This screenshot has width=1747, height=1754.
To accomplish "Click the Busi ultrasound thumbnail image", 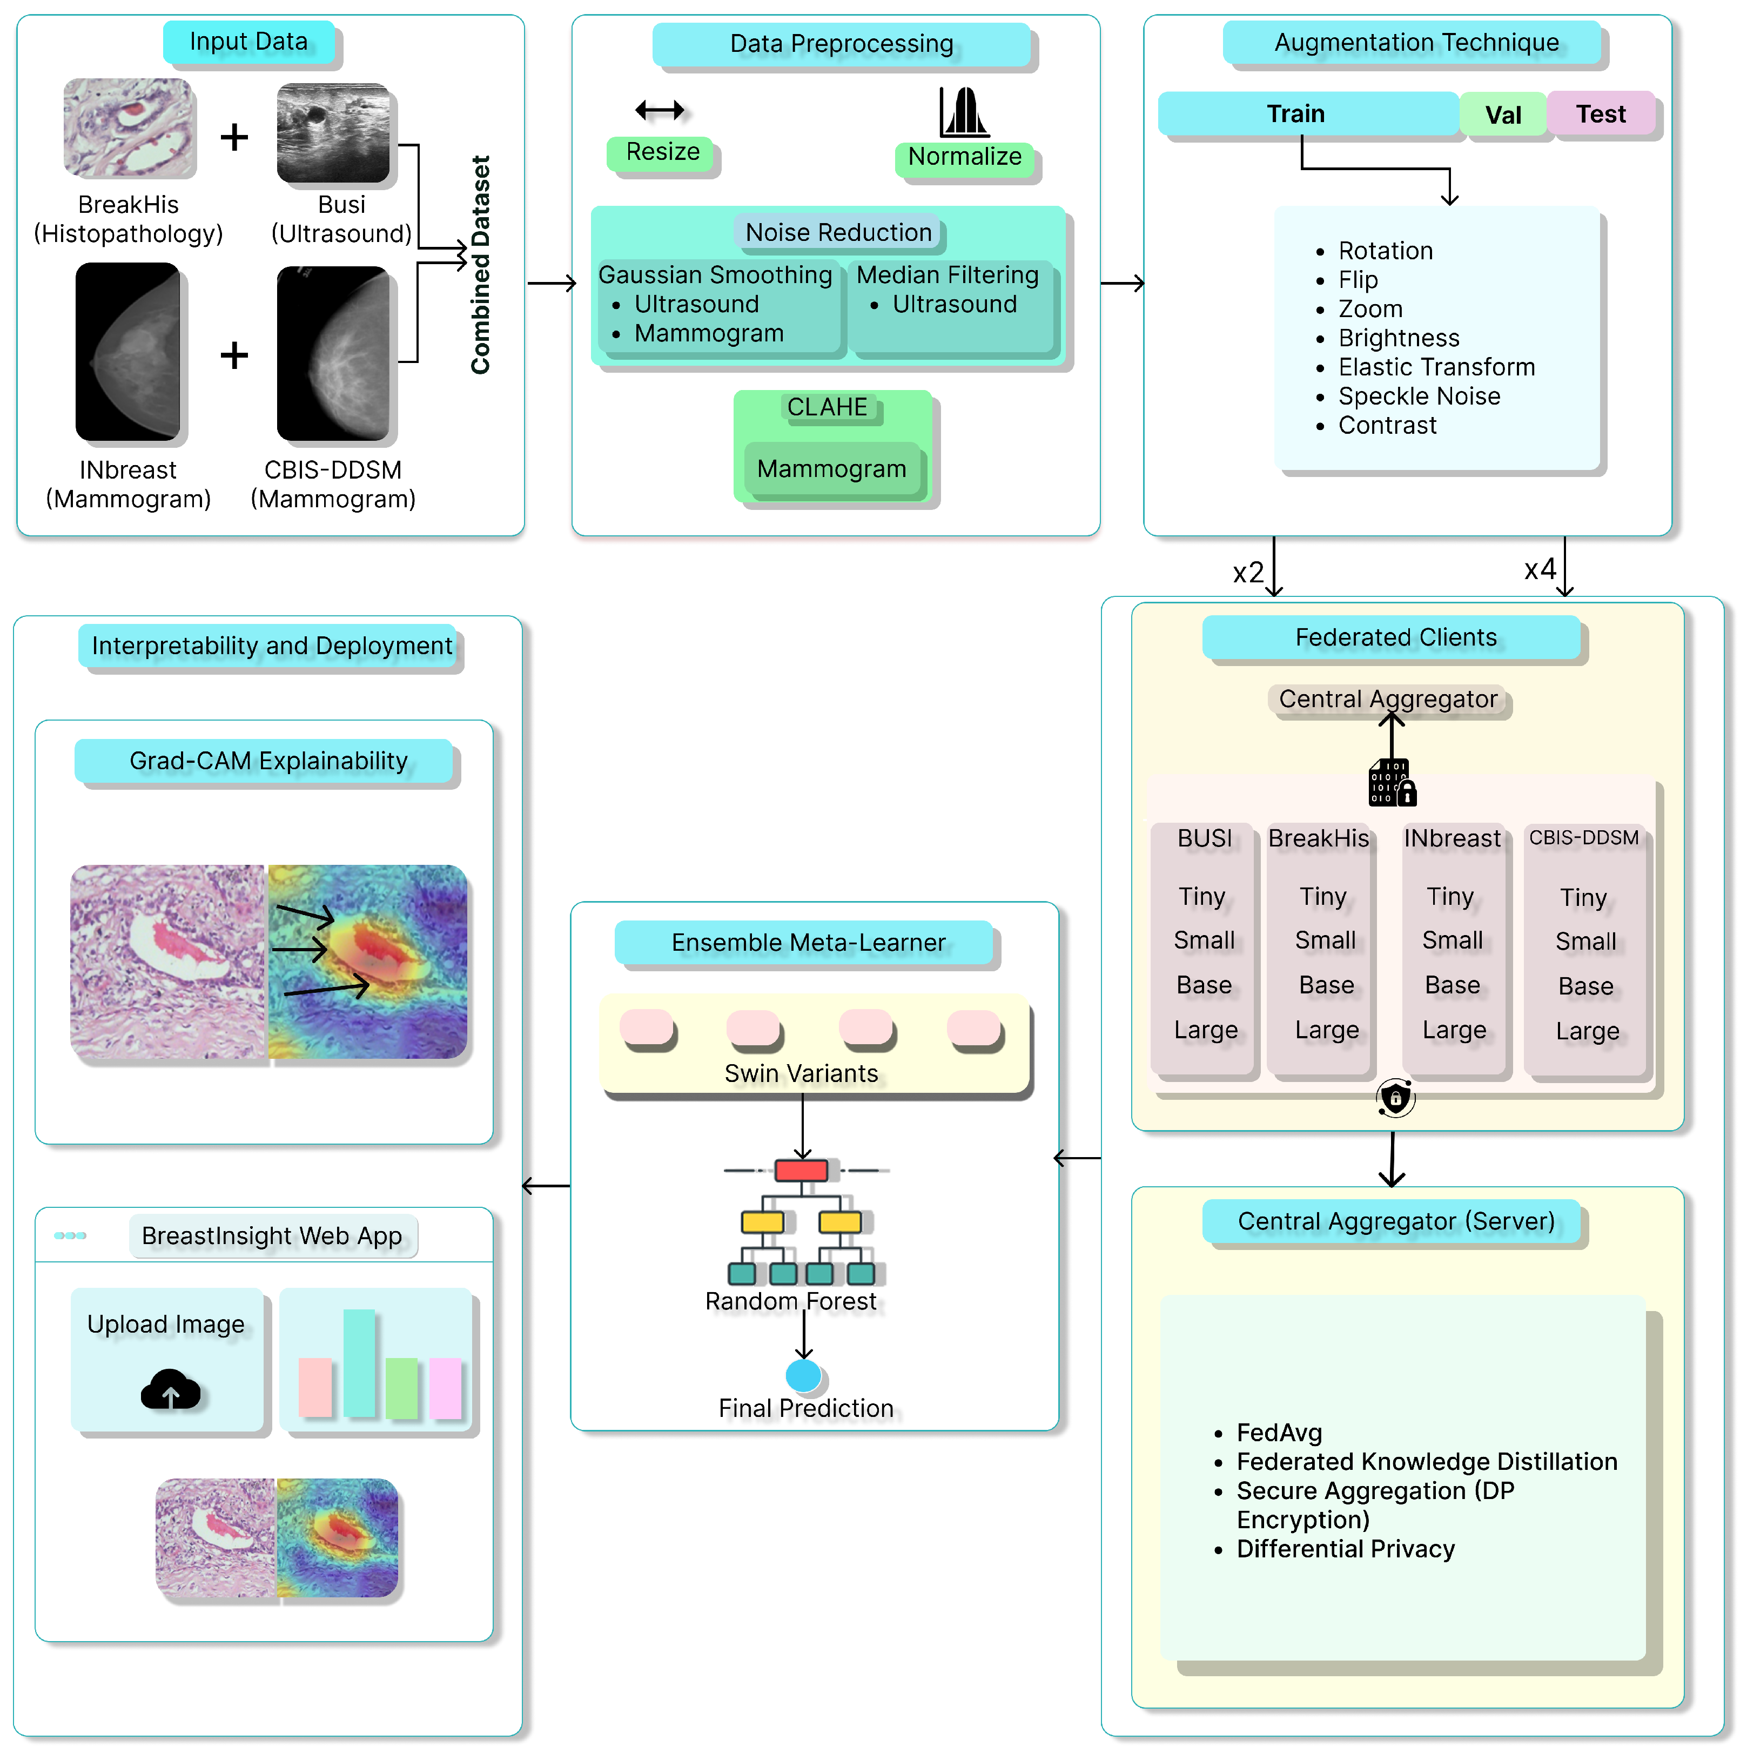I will (333, 132).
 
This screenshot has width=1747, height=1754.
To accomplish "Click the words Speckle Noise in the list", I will (1419, 396).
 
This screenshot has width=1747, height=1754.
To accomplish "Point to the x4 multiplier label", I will (1540, 569).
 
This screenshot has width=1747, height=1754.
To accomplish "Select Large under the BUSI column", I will (1205, 1030).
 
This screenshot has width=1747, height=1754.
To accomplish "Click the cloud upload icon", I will (170, 1389).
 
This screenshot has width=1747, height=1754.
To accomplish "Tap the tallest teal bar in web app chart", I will (359, 1362).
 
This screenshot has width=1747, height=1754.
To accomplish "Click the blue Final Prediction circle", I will (803, 1374).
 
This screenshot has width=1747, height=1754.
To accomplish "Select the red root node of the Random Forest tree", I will (801, 1170).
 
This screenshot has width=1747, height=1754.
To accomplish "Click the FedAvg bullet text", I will (1279, 1433).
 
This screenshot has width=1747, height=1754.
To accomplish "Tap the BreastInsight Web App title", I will (272, 1235).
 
